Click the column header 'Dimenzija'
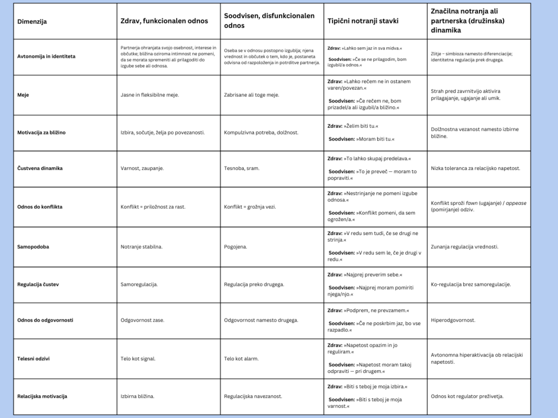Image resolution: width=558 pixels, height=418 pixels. click(32, 22)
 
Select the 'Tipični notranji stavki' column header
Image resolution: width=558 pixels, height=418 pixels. click(363, 21)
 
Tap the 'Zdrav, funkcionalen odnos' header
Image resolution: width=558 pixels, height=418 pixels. click(164, 21)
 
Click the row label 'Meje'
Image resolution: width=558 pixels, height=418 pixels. click(23, 95)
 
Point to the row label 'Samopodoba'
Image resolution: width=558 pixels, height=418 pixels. click(33, 247)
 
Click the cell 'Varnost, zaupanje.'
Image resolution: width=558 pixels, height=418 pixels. click(142, 168)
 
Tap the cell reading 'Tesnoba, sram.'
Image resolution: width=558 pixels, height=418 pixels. click(241, 168)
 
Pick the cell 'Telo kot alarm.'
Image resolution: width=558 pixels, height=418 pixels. click(241, 359)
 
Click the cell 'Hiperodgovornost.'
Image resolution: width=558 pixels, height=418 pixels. click(453, 320)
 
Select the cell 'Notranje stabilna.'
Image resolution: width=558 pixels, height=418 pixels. click(141, 247)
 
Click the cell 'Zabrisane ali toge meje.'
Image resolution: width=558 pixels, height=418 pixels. click(251, 95)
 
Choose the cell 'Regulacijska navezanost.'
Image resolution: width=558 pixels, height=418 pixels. click(253, 396)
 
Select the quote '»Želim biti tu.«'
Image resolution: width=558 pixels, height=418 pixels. click(360, 126)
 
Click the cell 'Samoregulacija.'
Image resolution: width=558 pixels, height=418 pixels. click(139, 284)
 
